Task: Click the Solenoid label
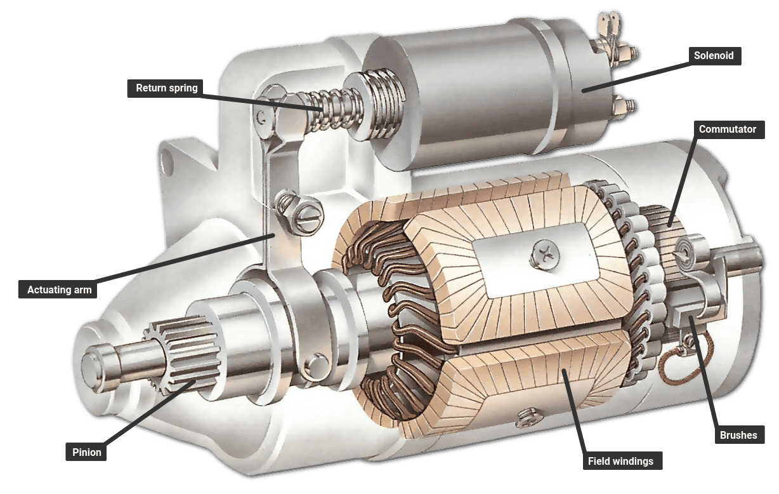714,56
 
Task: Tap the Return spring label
167,88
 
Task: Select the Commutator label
728,130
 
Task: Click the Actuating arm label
60,290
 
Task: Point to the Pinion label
86,453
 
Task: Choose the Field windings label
620,461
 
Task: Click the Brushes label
738,436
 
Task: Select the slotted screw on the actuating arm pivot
309,217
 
